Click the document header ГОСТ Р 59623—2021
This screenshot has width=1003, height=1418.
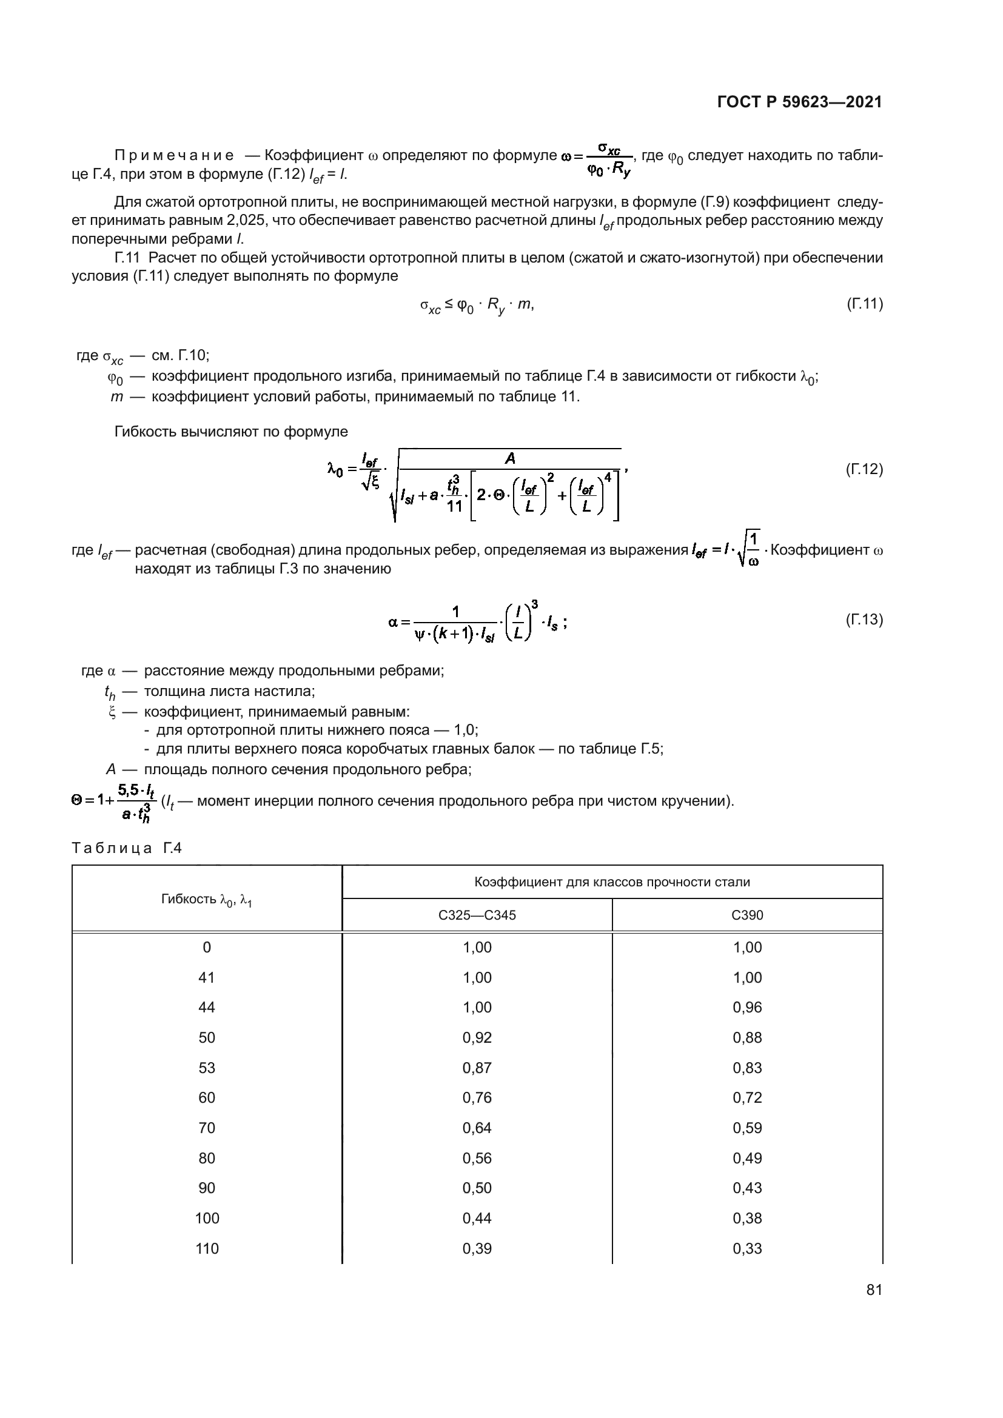click(x=799, y=102)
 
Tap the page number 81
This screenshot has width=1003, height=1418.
click(x=874, y=1290)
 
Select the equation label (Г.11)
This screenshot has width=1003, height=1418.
click(x=864, y=304)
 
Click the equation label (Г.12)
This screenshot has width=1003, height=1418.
click(x=864, y=469)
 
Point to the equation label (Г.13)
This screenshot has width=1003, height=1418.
click(x=864, y=620)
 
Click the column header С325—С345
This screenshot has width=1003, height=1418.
click(x=477, y=915)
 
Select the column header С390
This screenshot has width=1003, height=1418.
click(x=747, y=915)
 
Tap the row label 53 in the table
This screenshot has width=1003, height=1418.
click(x=206, y=1068)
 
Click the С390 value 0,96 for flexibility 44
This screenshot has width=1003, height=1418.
click(x=747, y=1008)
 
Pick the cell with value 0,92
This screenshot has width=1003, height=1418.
click(x=477, y=1037)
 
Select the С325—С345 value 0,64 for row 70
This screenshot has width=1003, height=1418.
click(x=477, y=1128)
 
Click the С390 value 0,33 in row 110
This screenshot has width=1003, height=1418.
click(x=747, y=1248)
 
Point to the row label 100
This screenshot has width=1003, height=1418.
click(x=206, y=1218)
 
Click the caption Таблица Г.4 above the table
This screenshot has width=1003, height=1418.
click(x=127, y=848)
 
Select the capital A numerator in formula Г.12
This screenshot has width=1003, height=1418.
click(x=510, y=458)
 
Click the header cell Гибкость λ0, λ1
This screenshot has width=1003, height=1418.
click(x=206, y=899)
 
